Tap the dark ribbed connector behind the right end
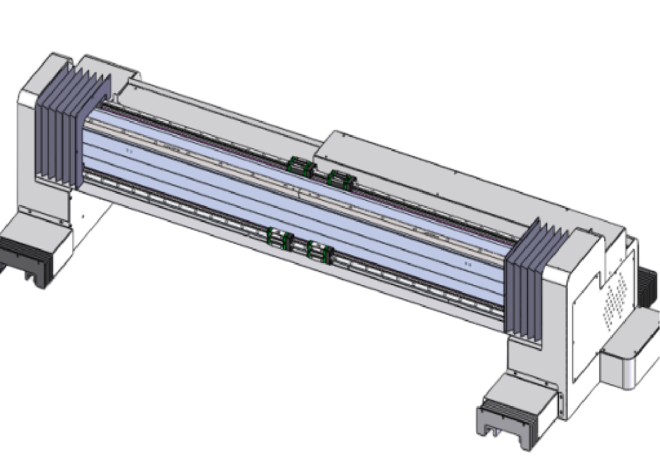coord(650,288)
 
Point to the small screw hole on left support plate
coord(83,217)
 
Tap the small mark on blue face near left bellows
coord(129,149)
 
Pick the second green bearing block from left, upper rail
coord(309,169)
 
